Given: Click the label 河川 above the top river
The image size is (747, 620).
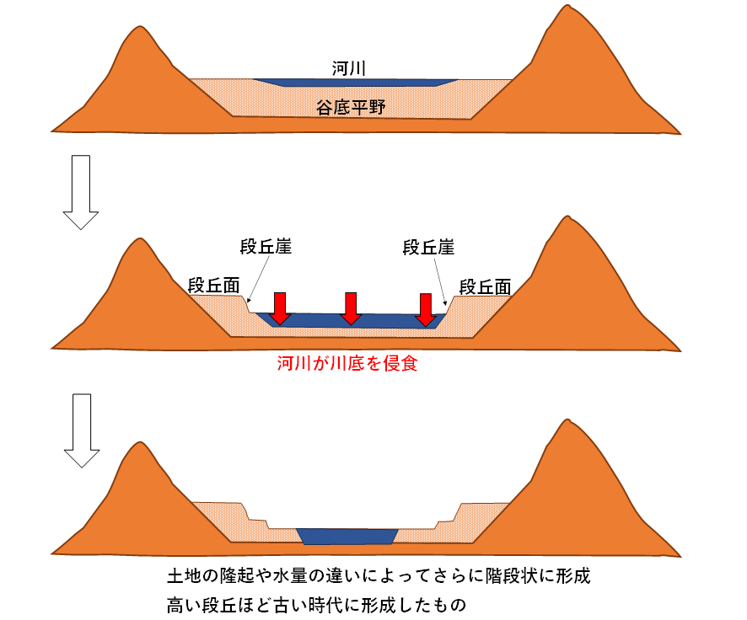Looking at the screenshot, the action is point(349,68).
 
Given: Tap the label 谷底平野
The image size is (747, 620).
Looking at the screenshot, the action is point(351,108).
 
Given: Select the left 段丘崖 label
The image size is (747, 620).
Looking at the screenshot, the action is point(266,247).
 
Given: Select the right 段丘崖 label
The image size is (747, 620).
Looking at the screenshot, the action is point(428,248).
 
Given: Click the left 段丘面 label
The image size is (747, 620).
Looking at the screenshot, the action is point(213,286).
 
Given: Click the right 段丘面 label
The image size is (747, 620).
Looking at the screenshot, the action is point(485,287).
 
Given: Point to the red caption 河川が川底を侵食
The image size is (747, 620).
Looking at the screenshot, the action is point(347,364).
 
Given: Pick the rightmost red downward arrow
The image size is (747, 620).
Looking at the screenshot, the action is point(426,310).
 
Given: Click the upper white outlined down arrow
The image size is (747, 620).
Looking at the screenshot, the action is point(80,192).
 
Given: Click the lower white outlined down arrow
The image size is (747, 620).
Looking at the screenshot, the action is point(82,430).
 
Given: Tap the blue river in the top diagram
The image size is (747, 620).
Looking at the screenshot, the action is point(356,83).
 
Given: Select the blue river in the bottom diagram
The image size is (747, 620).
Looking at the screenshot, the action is point(347,537).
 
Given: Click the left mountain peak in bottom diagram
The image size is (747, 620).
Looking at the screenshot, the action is point(140,442).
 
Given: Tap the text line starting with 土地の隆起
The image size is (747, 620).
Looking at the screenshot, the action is point(379,575).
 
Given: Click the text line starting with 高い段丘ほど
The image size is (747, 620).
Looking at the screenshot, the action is point(316,605).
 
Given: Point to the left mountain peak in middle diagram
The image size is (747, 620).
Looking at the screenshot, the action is point(140,239).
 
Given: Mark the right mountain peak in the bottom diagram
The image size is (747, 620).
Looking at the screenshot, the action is point(567,420).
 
